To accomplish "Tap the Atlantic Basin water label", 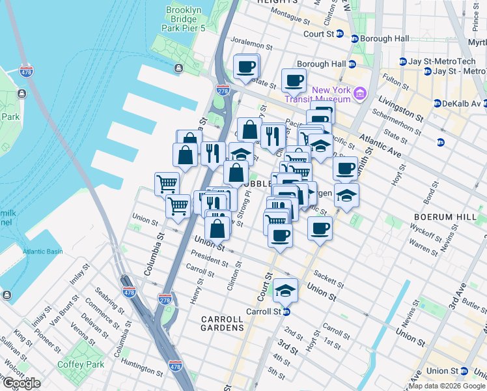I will (x=43, y=252).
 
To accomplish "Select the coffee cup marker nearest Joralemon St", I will (x=246, y=66).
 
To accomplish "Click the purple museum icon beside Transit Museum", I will (x=357, y=94).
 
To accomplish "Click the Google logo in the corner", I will (x=22, y=383).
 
